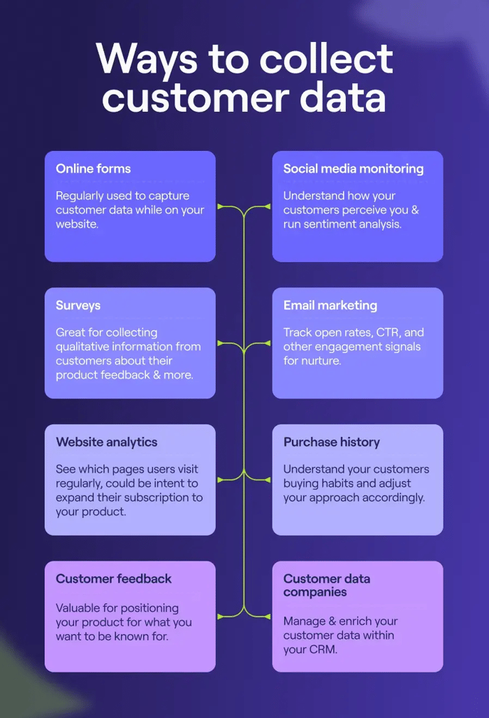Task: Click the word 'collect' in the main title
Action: point(326,59)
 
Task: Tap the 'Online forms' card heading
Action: point(93,168)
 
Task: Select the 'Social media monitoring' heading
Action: point(353,168)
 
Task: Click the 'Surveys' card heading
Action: point(78,306)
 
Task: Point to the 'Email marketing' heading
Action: point(330,306)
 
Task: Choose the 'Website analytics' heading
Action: point(107,442)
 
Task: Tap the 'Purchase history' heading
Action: point(332,442)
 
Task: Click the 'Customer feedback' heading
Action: point(114,579)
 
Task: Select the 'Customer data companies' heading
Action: point(327,585)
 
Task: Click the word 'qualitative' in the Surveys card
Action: point(86,347)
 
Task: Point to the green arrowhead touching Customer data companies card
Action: point(267,617)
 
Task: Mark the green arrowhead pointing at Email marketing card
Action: point(267,343)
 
